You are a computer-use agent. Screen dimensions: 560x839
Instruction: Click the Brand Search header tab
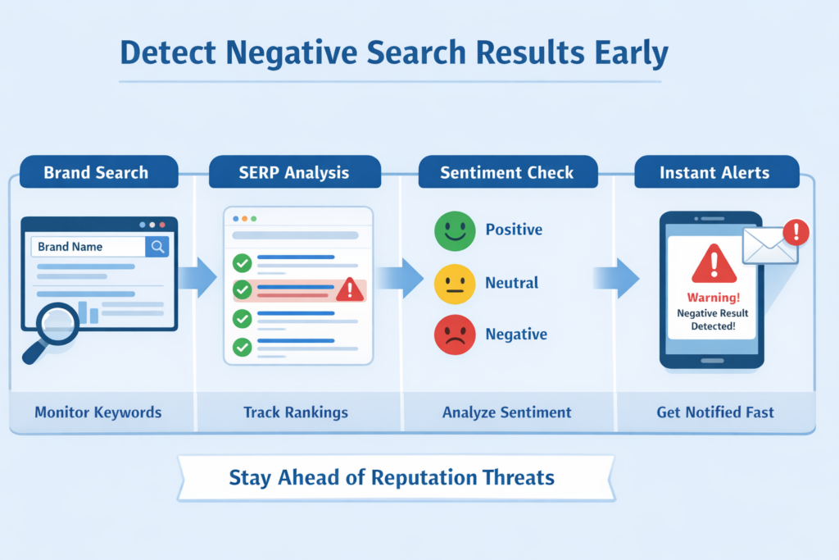pos(96,173)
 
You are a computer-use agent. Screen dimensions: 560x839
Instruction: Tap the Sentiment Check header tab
pos(507,173)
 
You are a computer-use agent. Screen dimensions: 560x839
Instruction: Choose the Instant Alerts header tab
pos(714,173)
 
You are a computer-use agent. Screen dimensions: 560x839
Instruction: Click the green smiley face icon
pos(455,230)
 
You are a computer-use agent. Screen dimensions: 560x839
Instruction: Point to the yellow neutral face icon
pos(455,284)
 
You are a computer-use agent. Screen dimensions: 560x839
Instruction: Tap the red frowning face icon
pos(455,335)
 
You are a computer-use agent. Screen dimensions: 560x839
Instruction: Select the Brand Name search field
pos(88,247)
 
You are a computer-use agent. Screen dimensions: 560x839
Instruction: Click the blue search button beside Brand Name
pos(156,247)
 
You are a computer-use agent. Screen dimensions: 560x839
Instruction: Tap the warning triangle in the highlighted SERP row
pos(350,289)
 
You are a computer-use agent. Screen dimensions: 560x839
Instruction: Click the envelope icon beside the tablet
pos(769,246)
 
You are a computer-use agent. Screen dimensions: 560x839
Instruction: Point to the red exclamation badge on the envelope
pos(796,234)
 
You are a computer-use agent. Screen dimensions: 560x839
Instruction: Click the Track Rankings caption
pos(296,412)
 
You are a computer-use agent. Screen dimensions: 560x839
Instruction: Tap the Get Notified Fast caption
pos(714,412)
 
